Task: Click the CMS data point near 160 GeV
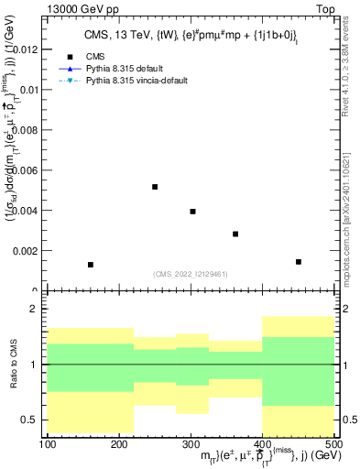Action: tap(91, 265)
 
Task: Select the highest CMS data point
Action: tap(155, 187)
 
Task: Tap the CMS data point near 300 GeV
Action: tap(192, 212)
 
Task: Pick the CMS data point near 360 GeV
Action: tap(235, 234)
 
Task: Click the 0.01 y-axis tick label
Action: tap(30, 90)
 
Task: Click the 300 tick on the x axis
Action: tap(191, 445)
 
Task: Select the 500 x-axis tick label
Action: tap(333, 445)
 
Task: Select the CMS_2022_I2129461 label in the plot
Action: tap(191, 273)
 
